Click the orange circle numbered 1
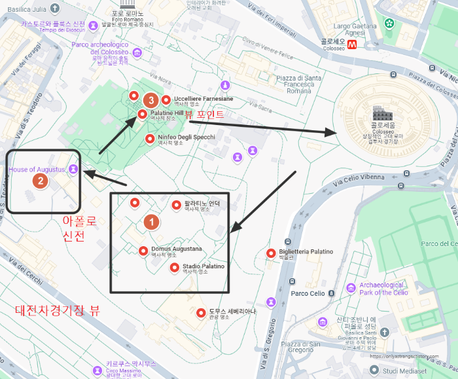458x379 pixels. click(x=151, y=222)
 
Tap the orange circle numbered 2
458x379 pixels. click(x=41, y=181)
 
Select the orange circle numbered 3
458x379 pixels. click(x=151, y=100)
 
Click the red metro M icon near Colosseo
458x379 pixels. click(x=352, y=45)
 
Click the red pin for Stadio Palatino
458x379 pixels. click(x=174, y=267)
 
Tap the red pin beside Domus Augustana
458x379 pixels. click(x=143, y=250)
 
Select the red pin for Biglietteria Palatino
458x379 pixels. click(x=271, y=253)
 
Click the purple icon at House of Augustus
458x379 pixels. click(x=73, y=169)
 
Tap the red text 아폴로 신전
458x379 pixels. click(x=79, y=228)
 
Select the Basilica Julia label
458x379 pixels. click(x=24, y=9)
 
